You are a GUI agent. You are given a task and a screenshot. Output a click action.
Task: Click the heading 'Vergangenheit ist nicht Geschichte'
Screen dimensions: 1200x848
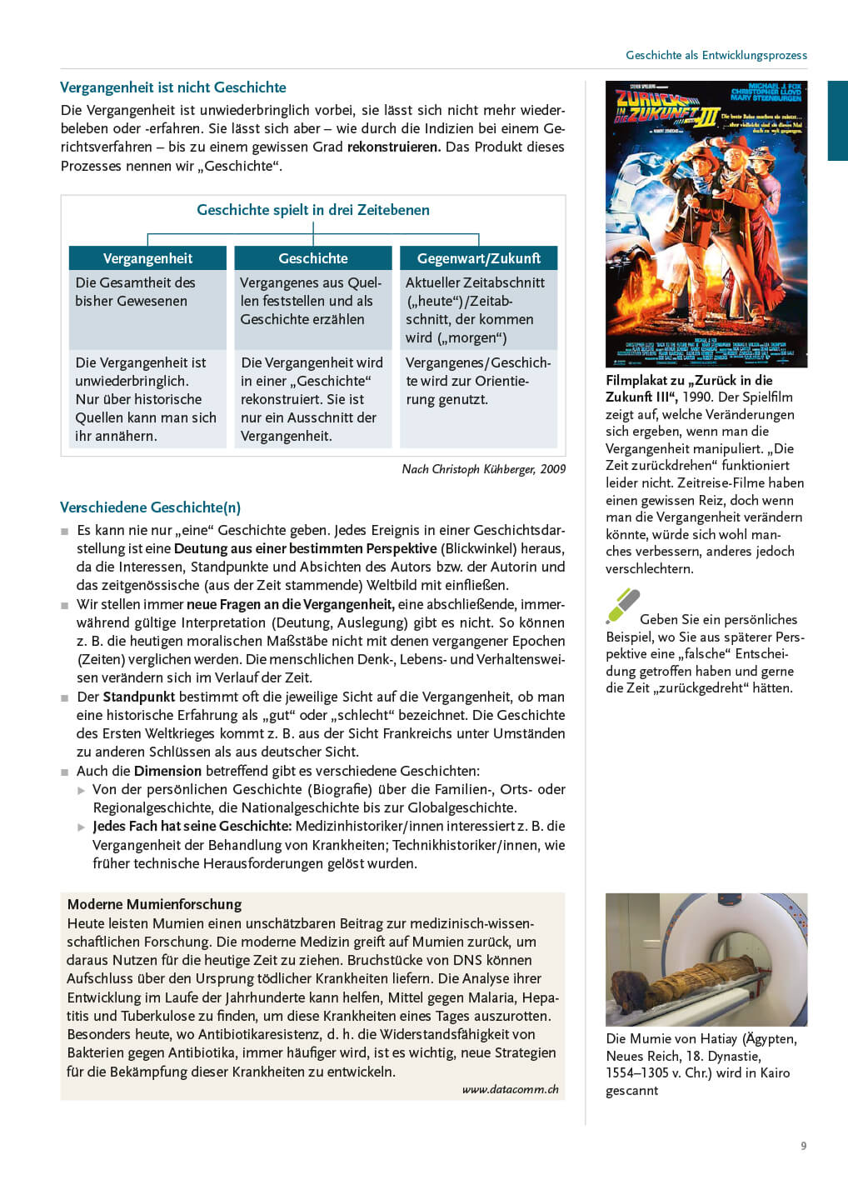point(173,87)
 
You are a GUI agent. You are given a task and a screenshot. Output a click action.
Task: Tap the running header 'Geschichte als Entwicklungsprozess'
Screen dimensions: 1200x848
point(716,55)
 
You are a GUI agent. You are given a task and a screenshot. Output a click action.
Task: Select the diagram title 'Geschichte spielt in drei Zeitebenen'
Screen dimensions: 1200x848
point(313,210)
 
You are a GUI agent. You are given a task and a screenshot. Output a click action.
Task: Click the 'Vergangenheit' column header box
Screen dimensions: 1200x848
point(147,258)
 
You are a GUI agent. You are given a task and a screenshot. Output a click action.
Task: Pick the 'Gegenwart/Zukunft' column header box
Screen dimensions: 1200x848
point(478,258)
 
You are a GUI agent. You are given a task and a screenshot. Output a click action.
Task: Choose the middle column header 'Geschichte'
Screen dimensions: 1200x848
point(313,258)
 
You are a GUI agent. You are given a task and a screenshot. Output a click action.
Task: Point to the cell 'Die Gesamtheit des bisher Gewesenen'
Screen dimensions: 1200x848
point(135,292)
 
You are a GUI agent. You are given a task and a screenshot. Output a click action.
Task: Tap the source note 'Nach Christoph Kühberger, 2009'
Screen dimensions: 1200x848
point(483,469)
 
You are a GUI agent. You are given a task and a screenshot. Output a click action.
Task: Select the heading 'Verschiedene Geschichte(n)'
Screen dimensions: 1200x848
point(150,507)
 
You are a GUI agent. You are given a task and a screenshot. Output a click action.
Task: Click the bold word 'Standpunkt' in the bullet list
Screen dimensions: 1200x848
point(139,697)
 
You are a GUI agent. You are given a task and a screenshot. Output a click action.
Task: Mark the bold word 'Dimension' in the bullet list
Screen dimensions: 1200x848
point(167,771)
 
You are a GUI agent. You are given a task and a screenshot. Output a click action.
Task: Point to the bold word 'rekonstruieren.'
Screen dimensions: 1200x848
point(394,147)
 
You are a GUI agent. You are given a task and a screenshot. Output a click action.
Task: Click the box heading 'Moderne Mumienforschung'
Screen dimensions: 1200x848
point(154,904)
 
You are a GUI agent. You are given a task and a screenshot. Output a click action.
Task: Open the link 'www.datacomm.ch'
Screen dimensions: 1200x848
point(510,1089)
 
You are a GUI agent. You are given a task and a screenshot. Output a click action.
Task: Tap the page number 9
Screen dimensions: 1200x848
point(803,1146)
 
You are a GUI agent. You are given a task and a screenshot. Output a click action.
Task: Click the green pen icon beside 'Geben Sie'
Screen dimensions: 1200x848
point(622,606)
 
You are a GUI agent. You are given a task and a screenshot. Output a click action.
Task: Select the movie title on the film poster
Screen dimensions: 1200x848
point(666,108)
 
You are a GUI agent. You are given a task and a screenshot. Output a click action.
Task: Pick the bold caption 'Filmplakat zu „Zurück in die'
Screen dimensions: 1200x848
point(689,380)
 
